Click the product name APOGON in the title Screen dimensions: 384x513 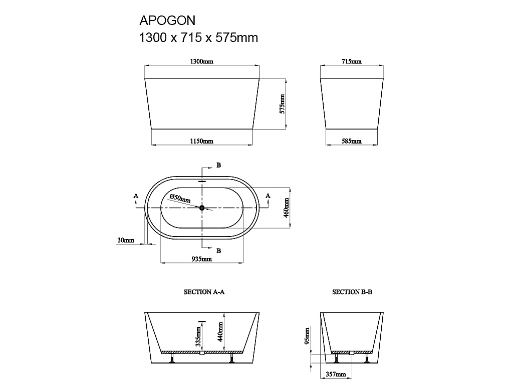click(167, 20)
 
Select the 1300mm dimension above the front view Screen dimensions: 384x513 click(202, 61)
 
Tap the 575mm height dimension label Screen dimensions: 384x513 click(282, 104)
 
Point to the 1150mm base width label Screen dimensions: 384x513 click(202, 141)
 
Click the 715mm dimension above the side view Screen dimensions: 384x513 click(352, 61)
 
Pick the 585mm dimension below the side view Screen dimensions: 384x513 click(352, 141)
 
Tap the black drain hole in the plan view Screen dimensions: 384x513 click(202, 207)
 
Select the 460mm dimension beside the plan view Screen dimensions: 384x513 click(287, 207)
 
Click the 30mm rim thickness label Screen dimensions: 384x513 click(126, 240)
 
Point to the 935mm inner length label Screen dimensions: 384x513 click(202, 259)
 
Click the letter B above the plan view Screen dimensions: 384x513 click(218, 165)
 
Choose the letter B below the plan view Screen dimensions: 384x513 click(218, 250)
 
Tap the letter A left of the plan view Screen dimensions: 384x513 click(136, 196)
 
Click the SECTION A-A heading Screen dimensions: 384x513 click(204, 292)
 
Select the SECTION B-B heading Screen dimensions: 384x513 click(352, 292)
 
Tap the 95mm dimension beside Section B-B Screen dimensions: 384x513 click(307, 336)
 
